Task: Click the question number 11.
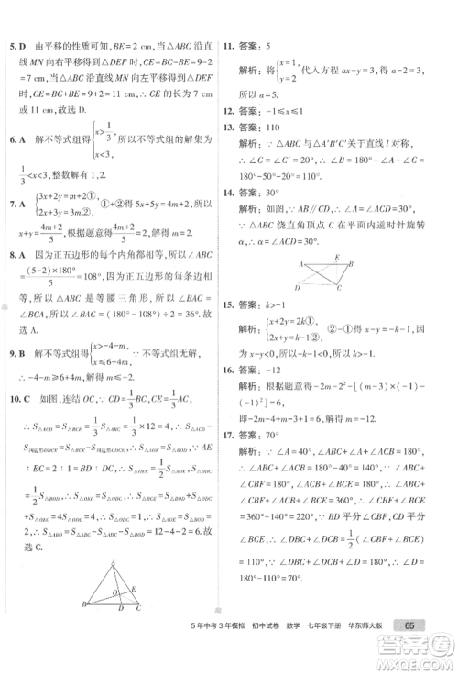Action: (244, 44)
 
